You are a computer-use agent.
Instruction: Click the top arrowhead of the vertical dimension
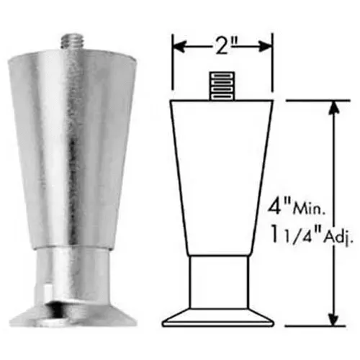[x=332, y=106]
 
